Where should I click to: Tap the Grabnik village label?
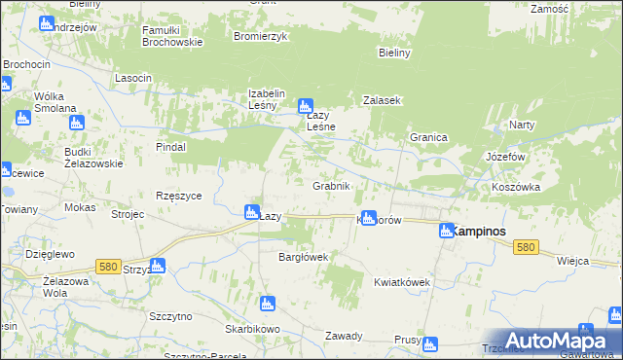331,186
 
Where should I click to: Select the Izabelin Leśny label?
266,99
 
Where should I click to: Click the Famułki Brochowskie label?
171,36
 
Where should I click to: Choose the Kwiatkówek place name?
401,282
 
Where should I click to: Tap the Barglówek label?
305,257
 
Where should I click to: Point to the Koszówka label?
515,187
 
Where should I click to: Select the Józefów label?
505,156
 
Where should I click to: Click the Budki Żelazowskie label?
93,158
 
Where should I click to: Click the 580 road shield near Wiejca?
527,248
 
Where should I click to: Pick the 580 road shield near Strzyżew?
108,265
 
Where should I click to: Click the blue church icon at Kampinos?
446,231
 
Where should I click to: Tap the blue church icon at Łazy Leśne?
305,106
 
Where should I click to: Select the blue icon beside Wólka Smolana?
77,123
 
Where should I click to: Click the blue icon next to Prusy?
432,342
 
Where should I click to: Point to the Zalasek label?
383,100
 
